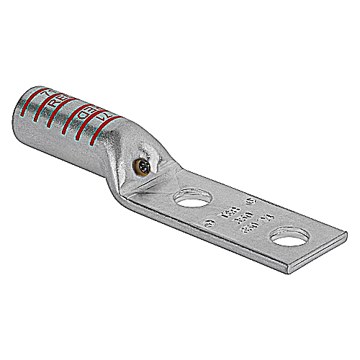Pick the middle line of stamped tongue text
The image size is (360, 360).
click(230, 214)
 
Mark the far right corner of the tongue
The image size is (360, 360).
click(346, 233)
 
